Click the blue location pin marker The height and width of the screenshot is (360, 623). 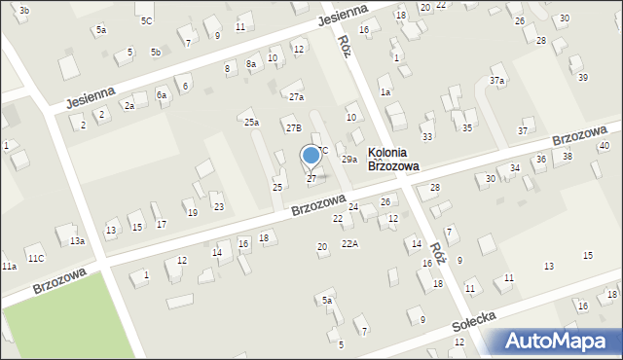[x=311, y=157]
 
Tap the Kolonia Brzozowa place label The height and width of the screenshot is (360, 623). [x=393, y=160]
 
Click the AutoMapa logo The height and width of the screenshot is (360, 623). [x=554, y=342]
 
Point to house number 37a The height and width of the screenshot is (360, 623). [x=497, y=80]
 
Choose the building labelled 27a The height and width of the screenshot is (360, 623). [x=296, y=97]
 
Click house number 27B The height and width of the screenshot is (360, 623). [x=293, y=127]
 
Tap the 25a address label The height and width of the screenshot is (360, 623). [x=251, y=123]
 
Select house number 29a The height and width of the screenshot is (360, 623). [x=348, y=159]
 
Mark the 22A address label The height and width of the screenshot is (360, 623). [x=349, y=244]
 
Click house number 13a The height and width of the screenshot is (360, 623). [x=77, y=240]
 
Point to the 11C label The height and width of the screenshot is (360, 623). [x=35, y=258]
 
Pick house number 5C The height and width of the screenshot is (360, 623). [x=146, y=20]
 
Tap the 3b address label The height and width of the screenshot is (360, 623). [x=24, y=10]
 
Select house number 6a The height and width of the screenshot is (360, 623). [x=162, y=95]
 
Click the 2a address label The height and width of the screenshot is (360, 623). [x=128, y=105]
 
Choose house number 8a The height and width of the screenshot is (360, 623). [x=251, y=64]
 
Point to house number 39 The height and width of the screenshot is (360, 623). [x=583, y=77]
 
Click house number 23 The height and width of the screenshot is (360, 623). [x=218, y=206]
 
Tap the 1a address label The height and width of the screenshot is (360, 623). [x=385, y=92]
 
